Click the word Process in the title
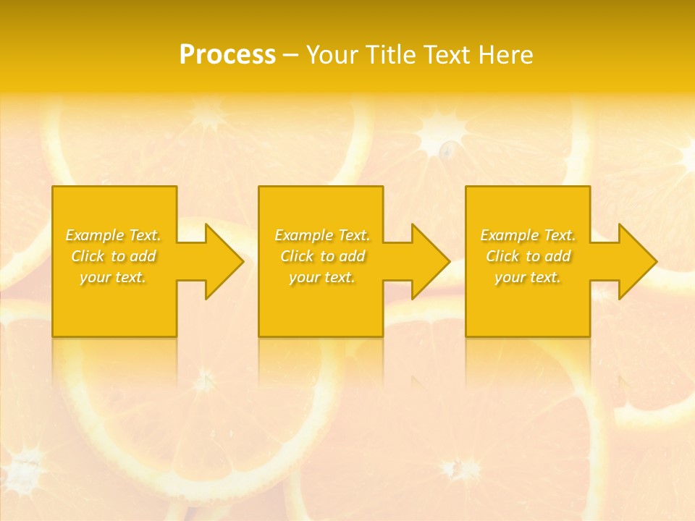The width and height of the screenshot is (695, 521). [x=227, y=55]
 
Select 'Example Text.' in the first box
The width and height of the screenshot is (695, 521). [x=114, y=235]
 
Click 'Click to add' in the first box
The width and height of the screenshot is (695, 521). [x=114, y=256]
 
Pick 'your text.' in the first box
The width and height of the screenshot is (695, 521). [x=114, y=277]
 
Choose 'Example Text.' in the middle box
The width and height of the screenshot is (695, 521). [x=322, y=235]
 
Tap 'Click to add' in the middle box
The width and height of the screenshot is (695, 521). [x=322, y=256]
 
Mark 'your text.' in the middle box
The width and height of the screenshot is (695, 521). [x=322, y=277]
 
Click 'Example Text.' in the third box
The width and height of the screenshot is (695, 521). [x=528, y=235]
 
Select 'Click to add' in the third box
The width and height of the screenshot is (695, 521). [x=528, y=256]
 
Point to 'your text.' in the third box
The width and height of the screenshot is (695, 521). [x=528, y=277]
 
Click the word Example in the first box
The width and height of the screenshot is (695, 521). [x=94, y=235]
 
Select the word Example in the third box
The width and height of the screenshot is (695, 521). [x=509, y=235]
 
